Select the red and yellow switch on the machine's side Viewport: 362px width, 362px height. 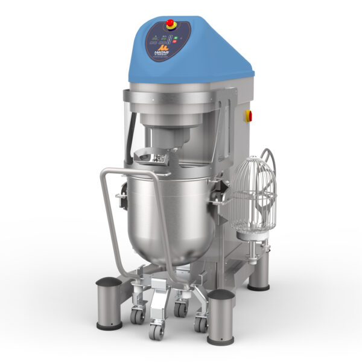pyautogui.click(x=247, y=115)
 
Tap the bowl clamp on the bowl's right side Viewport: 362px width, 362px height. pyautogui.click(x=221, y=192)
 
